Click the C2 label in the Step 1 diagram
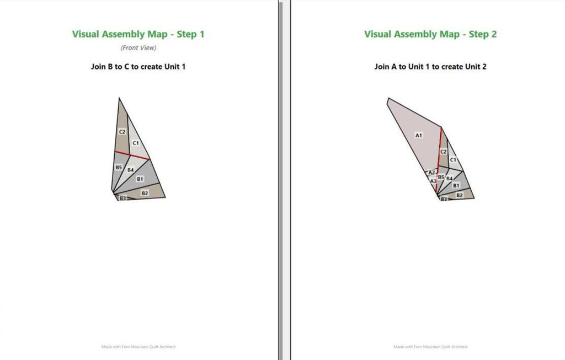pos(122,132)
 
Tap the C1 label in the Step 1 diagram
pos(136,143)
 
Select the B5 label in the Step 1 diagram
pos(119,168)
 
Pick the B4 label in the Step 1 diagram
pos(130,170)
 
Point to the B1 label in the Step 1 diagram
pos(140,179)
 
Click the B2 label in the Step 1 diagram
pos(145,194)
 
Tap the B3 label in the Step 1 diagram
pos(123,198)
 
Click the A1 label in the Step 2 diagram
pos(418,136)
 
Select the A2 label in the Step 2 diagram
pos(431,173)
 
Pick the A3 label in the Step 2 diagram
pos(433,181)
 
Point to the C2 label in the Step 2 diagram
pos(443,152)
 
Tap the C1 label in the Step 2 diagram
pos(453,159)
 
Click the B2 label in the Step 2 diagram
pos(460,195)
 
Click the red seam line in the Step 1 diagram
pos(132,155)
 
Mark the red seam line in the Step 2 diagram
pos(439,160)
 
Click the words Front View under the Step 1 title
pos(138,47)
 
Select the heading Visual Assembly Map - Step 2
pos(430,34)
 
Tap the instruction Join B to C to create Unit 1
pos(138,67)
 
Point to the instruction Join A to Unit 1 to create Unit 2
pos(430,67)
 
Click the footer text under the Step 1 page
pos(138,347)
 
